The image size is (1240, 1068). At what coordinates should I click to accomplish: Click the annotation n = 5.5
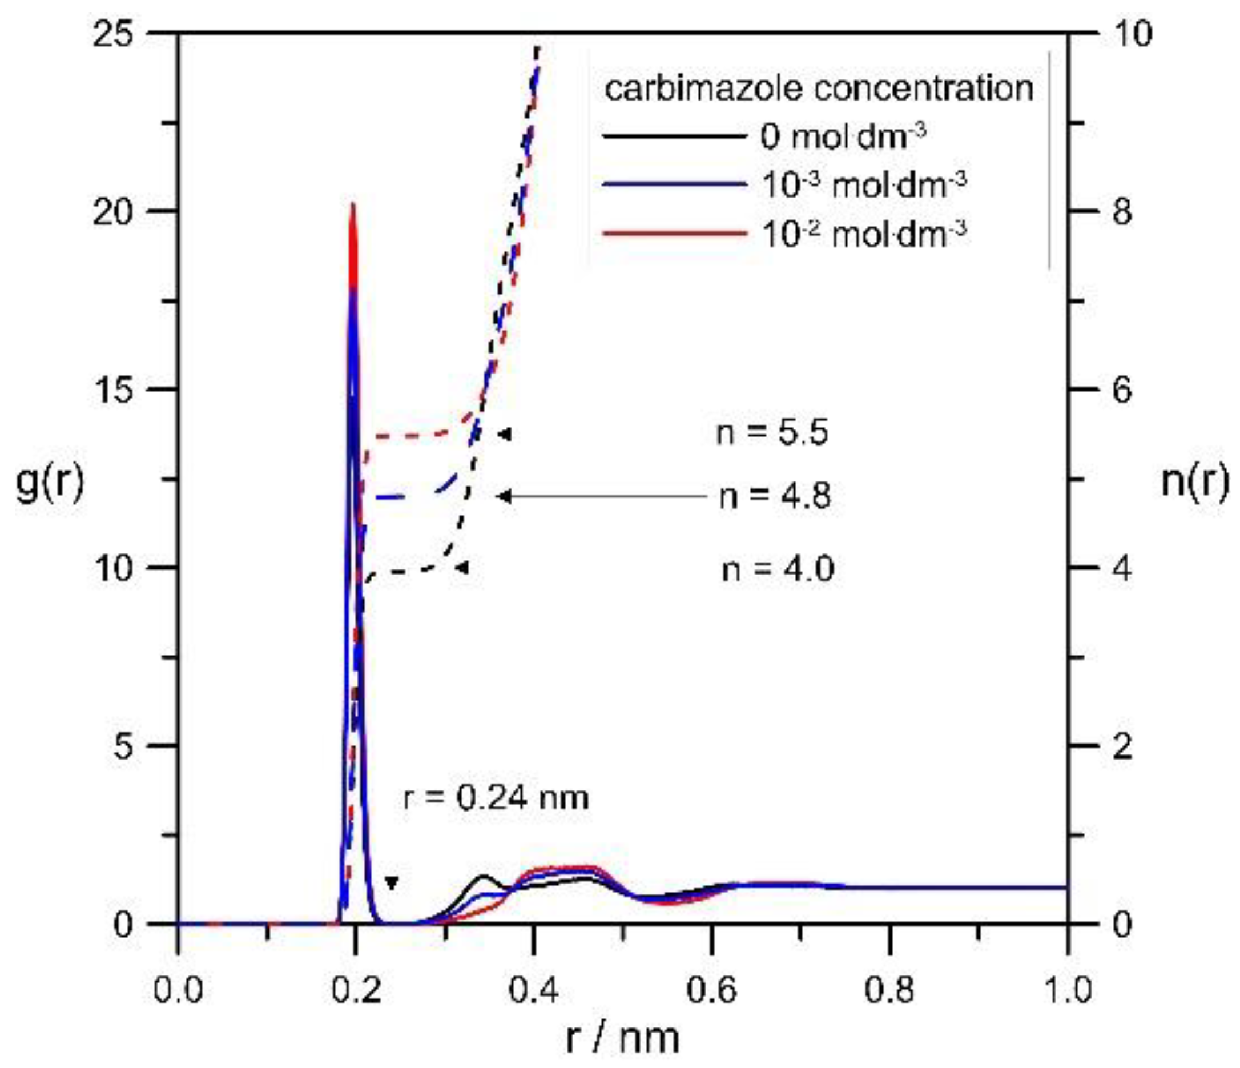(x=772, y=432)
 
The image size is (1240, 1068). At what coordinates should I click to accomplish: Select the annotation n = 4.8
(x=775, y=496)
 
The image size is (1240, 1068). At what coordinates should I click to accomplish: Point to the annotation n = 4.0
(x=778, y=568)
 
